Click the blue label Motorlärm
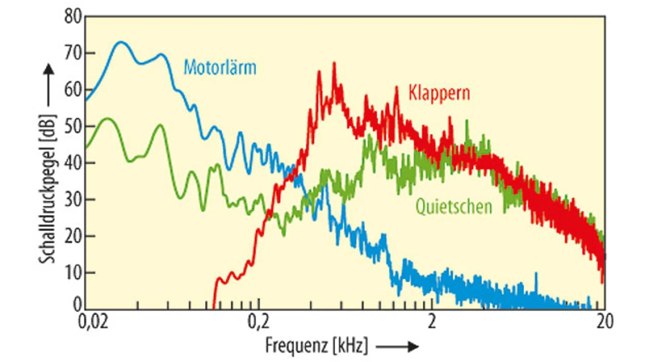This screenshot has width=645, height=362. (x=220, y=67)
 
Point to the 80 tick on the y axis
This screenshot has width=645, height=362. (x=73, y=16)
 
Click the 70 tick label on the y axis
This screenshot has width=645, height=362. (x=73, y=53)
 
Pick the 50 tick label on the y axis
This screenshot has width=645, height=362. (x=73, y=126)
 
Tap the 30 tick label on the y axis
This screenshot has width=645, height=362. (x=73, y=199)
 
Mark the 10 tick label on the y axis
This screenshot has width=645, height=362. (x=73, y=272)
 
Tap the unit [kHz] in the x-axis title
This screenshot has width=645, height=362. (x=351, y=346)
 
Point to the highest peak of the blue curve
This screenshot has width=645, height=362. (x=121, y=42)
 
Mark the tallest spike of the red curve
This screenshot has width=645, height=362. (x=334, y=63)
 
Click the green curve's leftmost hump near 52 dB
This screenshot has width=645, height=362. (x=107, y=118)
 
